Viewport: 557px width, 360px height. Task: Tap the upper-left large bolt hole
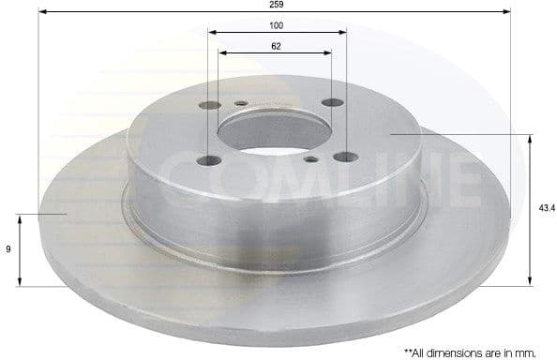pos(209,105)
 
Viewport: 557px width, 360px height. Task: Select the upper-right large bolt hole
pos(329,104)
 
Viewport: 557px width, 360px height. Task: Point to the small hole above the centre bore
pos(241,103)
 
